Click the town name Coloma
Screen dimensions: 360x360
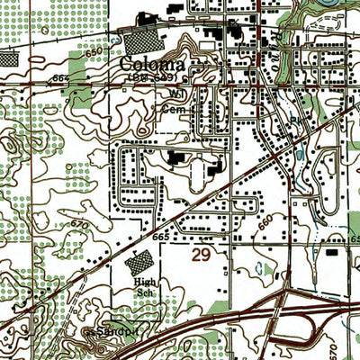point(151,66)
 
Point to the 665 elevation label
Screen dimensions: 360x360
point(161,236)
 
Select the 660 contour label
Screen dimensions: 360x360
point(264,219)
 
